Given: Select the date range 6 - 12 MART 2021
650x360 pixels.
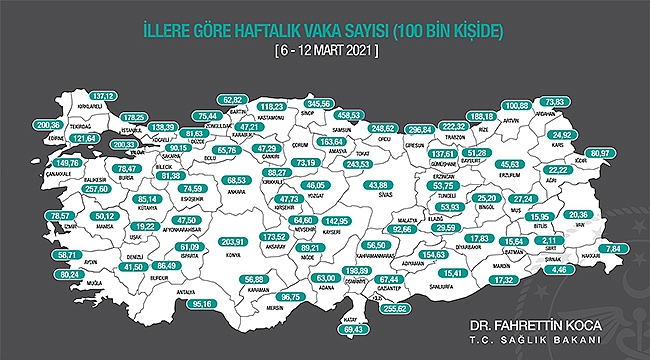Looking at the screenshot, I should [x=325, y=50].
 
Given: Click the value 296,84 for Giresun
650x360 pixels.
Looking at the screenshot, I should [x=423, y=130].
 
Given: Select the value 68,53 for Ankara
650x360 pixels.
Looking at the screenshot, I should [x=237, y=180].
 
